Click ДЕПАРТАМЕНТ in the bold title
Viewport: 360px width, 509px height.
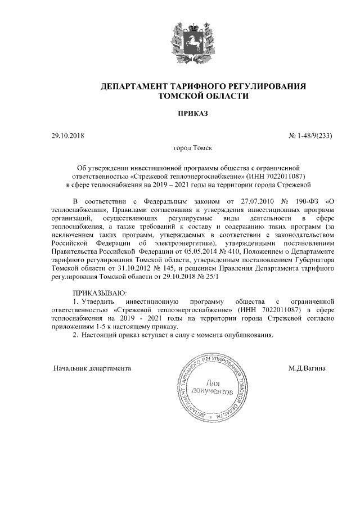tap(133, 86)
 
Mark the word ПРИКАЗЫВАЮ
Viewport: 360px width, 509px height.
tap(100, 293)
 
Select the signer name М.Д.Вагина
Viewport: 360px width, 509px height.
tap(310, 369)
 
